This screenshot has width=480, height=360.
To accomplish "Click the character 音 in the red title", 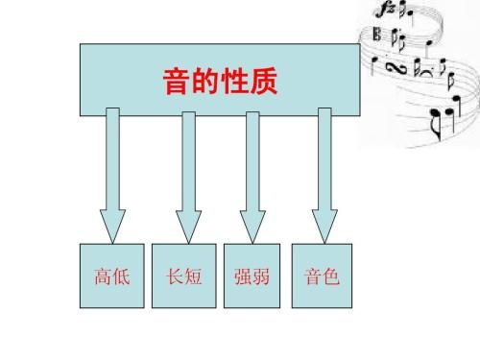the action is pyautogui.click(x=172, y=84).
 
